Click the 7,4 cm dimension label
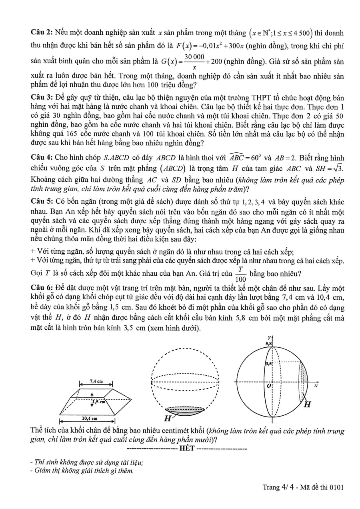pos(96,381)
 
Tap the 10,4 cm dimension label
pos(89,418)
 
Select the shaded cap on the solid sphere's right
pos(304,382)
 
